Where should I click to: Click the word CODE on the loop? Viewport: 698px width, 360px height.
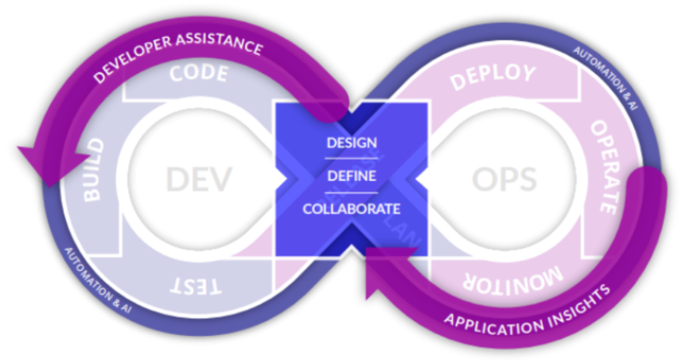(199, 74)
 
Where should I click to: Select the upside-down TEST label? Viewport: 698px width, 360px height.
(197, 286)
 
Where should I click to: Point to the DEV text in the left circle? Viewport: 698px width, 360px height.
(199, 179)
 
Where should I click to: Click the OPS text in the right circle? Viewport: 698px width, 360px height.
(504, 179)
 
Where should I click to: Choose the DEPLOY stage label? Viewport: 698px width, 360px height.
(493, 75)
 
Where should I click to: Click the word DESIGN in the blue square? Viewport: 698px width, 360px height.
(351, 143)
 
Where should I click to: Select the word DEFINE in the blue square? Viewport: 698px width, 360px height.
(351, 176)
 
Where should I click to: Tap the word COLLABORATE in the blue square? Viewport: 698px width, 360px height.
(351, 209)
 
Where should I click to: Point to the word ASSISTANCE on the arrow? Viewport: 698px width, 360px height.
(221, 45)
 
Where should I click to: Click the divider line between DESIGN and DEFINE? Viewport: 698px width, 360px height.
(351, 159)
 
